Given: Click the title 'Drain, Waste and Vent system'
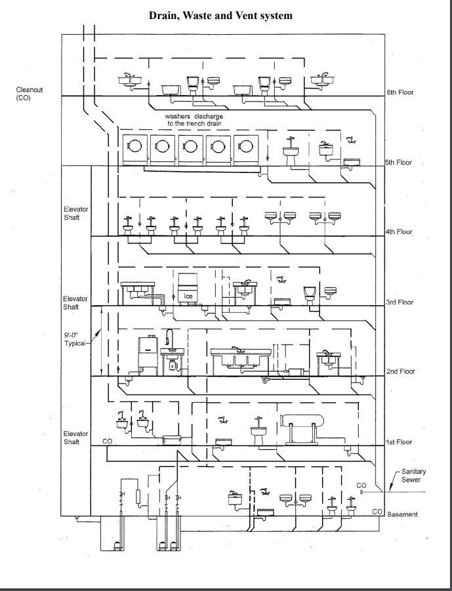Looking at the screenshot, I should click(x=220, y=15).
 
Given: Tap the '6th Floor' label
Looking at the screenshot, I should click(x=399, y=92).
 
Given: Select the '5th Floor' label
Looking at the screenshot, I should click(x=398, y=163).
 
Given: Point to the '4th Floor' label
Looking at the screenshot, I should click(x=399, y=232).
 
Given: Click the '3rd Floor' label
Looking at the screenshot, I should click(x=400, y=302).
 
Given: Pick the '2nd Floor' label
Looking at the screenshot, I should click(x=400, y=371).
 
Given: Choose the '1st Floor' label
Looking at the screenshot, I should click(x=399, y=442).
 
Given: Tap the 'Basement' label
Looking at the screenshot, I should click(x=402, y=514).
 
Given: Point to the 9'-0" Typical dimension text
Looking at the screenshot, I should click(x=74, y=339).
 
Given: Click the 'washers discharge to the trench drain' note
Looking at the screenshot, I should click(x=194, y=120).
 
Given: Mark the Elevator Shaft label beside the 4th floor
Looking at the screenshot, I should click(x=75, y=213).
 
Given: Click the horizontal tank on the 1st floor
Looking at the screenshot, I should click(x=304, y=421).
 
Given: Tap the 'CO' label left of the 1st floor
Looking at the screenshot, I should click(x=107, y=441).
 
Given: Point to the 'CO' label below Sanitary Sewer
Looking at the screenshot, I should click(x=361, y=485).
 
